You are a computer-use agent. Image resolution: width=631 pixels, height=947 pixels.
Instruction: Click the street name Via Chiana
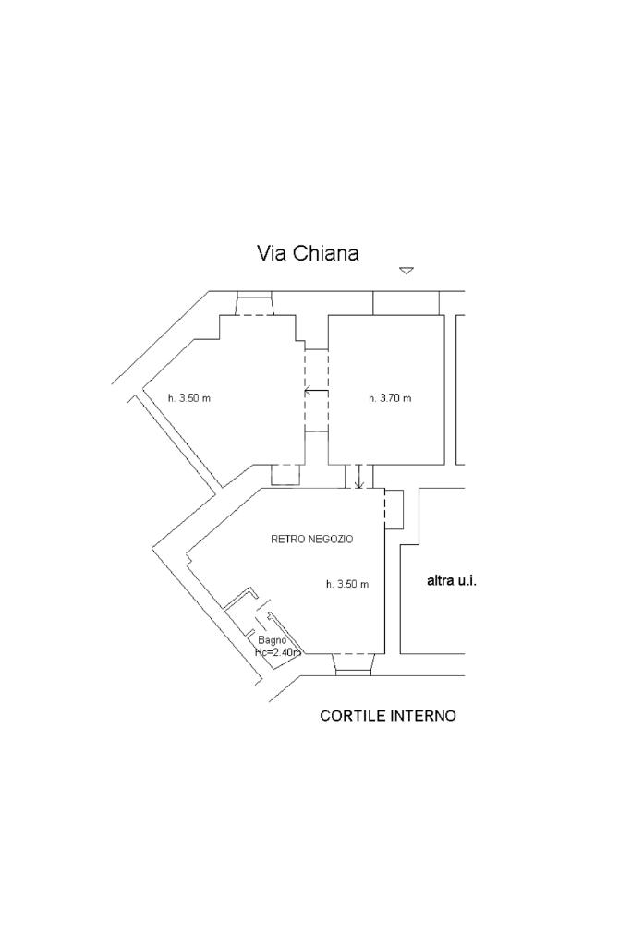coord(307,253)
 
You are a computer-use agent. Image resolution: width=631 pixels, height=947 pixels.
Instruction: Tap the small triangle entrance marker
coord(406,271)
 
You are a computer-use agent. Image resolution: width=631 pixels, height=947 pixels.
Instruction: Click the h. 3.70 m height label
coord(389,398)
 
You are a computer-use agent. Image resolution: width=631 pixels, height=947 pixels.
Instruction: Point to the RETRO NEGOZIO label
coord(311,539)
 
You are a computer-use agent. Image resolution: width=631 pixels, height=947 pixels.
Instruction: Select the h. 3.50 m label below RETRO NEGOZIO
coord(347,584)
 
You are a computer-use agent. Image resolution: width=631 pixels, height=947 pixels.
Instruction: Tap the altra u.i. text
coord(451,581)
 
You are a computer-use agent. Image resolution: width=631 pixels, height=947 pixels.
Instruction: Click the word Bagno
coord(272,640)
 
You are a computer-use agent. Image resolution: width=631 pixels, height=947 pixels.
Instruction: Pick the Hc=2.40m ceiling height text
coord(278,652)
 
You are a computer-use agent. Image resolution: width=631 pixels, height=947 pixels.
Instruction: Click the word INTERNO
coord(423,716)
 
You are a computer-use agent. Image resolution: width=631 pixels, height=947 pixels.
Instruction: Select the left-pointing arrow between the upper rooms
coord(315,393)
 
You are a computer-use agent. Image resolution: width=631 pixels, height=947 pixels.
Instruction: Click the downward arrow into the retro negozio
coord(359,478)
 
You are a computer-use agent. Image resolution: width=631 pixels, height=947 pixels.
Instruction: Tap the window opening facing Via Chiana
coord(254,304)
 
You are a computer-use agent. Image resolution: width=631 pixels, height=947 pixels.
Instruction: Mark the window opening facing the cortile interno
coord(352,663)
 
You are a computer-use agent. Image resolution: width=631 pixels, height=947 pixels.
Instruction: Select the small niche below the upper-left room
coord(285,474)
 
